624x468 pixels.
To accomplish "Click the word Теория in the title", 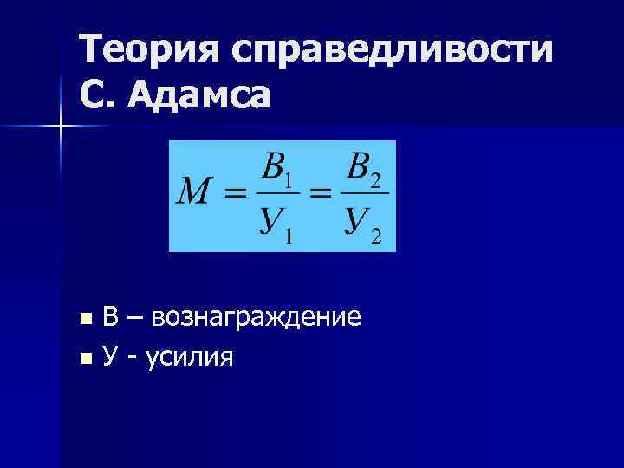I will pyautogui.click(x=147, y=49).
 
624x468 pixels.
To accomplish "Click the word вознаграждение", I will pyautogui.click(x=256, y=318).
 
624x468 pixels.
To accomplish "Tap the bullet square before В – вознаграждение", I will pyautogui.click(x=83, y=319).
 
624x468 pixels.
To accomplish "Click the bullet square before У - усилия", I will pyautogui.click(x=83, y=355).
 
